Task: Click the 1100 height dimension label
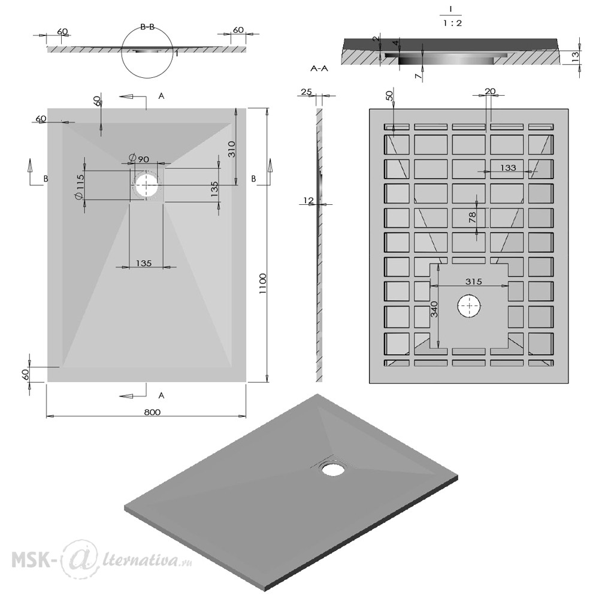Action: tap(263, 283)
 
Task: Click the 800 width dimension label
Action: tap(152, 412)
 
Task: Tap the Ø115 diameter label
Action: tap(80, 186)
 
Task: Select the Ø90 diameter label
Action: tap(139, 158)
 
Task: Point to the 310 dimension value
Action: tap(231, 149)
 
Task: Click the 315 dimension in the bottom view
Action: tap(474, 282)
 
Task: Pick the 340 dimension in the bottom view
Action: tap(434, 309)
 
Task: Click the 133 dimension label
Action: tap(508, 167)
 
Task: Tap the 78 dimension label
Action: tap(473, 218)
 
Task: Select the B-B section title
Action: tap(147, 27)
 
